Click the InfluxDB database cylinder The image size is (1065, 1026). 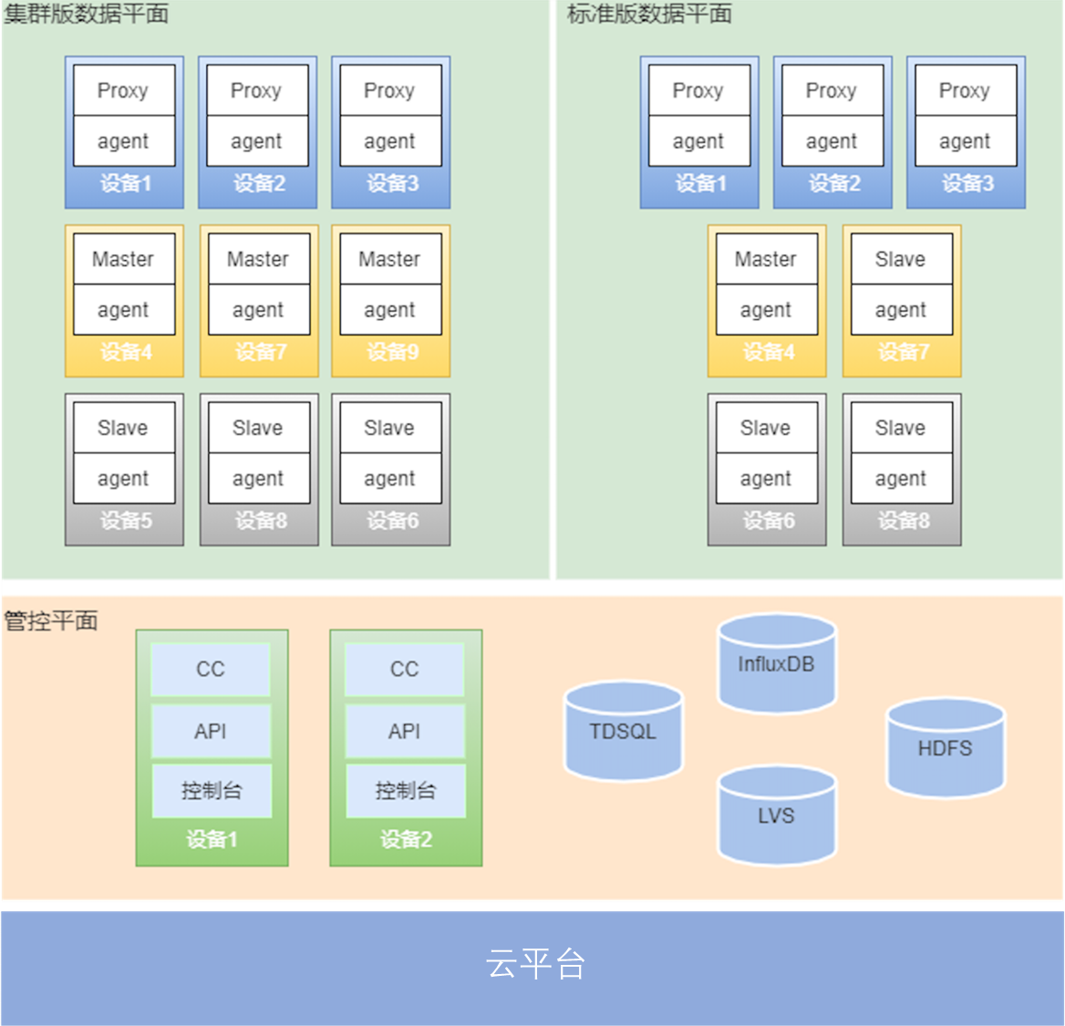click(x=776, y=664)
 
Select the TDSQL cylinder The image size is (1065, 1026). click(x=623, y=732)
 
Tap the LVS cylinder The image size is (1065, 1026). click(x=776, y=816)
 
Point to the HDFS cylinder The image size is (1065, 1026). click(x=945, y=749)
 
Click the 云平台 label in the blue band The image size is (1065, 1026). click(x=535, y=964)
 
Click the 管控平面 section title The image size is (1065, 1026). click(x=51, y=621)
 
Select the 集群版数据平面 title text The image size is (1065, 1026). click(x=86, y=14)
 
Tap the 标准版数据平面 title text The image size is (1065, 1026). click(x=649, y=14)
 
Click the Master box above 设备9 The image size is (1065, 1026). click(x=390, y=259)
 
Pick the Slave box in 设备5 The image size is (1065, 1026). click(x=123, y=428)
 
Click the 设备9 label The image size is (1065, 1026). click(x=392, y=352)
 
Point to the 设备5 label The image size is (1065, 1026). click(x=126, y=521)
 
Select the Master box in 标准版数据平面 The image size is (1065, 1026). click(x=766, y=259)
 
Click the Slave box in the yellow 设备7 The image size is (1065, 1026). click(x=901, y=259)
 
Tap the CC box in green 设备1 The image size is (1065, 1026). click(x=211, y=669)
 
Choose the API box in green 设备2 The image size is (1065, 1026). click(x=405, y=731)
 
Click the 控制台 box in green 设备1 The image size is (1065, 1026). click(x=212, y=791)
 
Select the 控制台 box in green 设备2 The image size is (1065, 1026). click(x=406, y=791)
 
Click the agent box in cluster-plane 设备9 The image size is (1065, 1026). click(x=390, y=310)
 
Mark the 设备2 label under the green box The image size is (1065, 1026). click(x=406, y=839)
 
